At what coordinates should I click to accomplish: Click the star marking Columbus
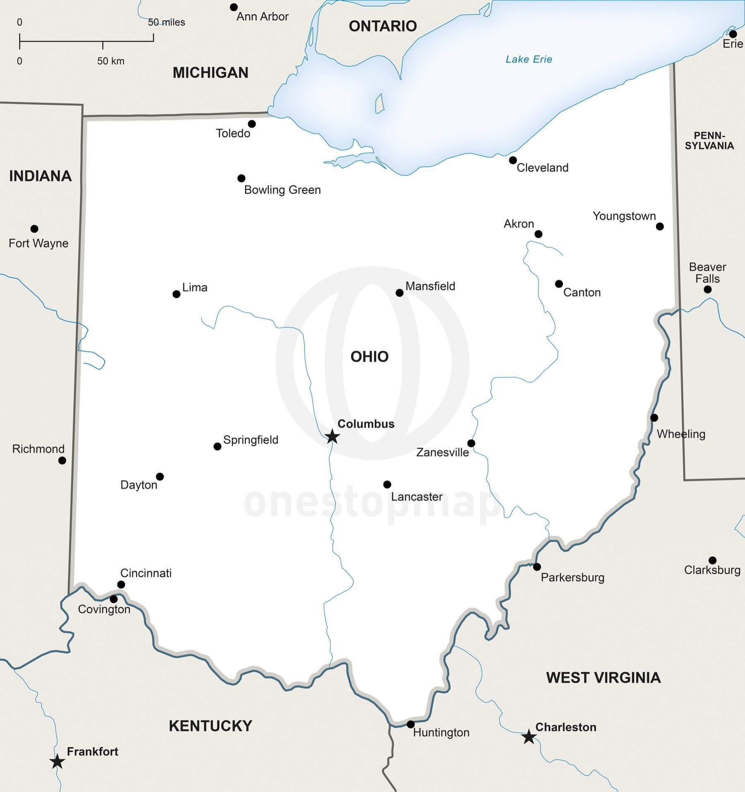pos(332,436)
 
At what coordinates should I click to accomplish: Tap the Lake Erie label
pos(529,59)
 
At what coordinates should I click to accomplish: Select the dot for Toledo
pos(252,124)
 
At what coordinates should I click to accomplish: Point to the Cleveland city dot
pos(513,160)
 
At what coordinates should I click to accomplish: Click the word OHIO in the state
pos(369,356)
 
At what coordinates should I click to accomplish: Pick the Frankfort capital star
pos(57,761)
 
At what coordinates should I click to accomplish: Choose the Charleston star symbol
pos(529,737)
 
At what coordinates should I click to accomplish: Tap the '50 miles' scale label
pos(166,22)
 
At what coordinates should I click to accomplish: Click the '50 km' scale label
pos(111,61)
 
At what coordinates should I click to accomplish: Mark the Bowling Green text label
pos(282,190)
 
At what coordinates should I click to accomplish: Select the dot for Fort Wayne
pos(34,229)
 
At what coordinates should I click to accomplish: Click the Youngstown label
pos(624,216)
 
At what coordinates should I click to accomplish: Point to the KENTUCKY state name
pos(210,726)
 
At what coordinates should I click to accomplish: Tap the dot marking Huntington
pos(411,724)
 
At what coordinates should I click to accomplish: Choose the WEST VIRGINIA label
pos(603,677)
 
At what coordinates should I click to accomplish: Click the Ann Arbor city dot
pos(234,7)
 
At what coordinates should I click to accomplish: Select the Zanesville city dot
pos(471,443)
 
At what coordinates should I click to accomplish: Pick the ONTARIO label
pos(382,26)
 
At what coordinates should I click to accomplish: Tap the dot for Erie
pos(733,34)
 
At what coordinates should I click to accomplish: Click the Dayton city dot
pos(160,477)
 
